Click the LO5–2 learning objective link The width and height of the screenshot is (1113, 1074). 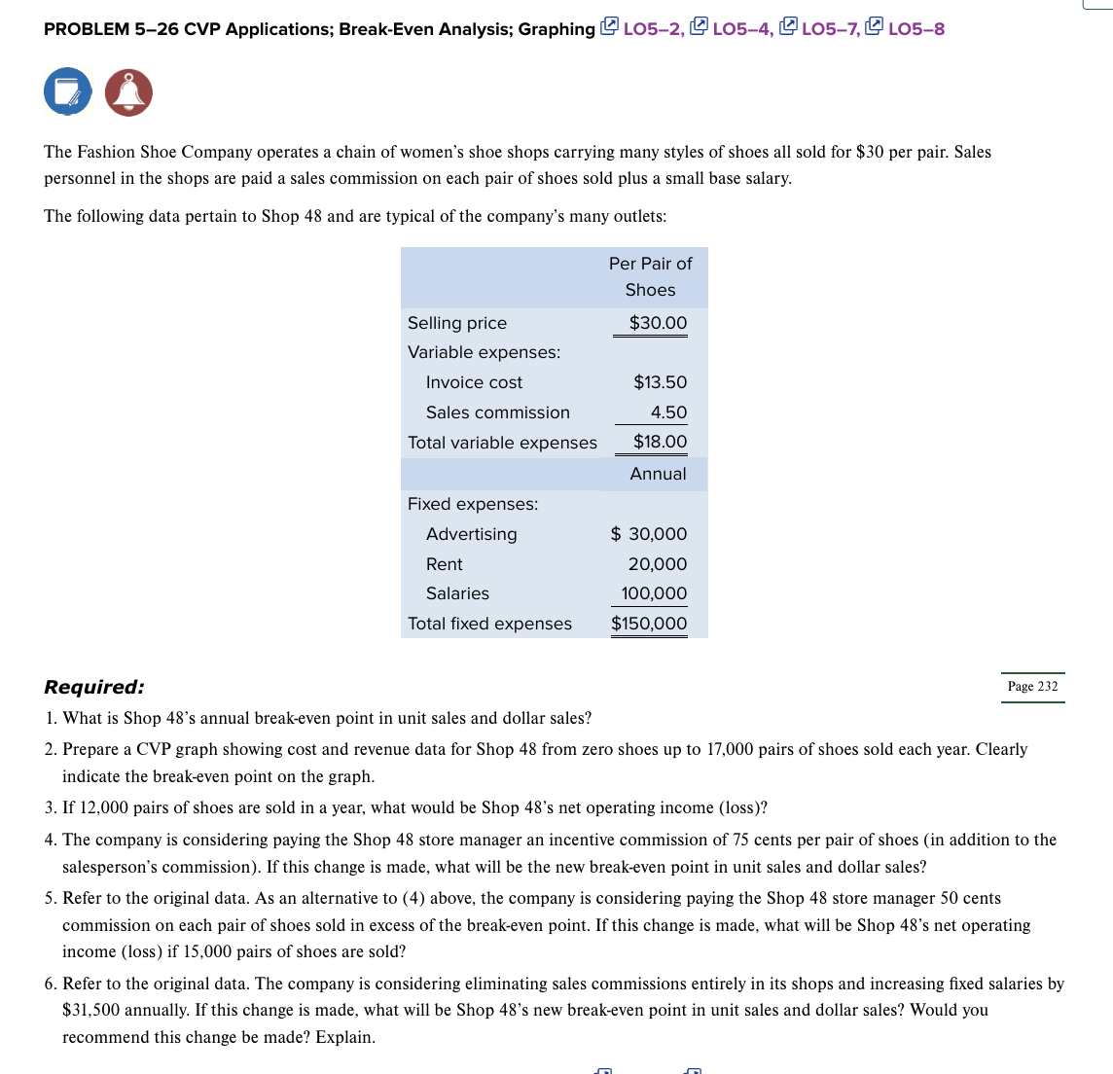pos(652,29)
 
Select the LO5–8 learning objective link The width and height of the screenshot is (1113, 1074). pos(916,29)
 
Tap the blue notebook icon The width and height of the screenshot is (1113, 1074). pos(67,92)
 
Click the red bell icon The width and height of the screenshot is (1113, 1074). pos(128,92)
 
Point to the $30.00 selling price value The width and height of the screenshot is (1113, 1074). pos(658,323)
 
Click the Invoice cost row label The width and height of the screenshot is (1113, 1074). pos(474,382)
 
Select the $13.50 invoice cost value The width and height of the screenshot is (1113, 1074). pos(660,382)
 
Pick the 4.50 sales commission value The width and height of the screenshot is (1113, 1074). pos(668,412)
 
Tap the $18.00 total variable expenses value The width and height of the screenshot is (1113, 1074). pos(660,442)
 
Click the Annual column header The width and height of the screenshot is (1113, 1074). pos(658,474)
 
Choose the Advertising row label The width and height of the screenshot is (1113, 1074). pos(471,534)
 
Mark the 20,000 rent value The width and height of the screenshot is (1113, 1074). pos(657,564)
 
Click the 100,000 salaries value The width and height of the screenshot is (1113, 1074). pos(654,593)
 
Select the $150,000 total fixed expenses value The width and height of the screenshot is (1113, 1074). pos(649,624)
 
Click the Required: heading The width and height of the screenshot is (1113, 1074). pos(94,687)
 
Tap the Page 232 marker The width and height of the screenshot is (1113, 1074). pos(1032,687)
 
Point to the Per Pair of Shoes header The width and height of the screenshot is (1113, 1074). pos(650,276)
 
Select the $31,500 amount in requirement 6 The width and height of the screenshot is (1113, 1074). pos(92,1010)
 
